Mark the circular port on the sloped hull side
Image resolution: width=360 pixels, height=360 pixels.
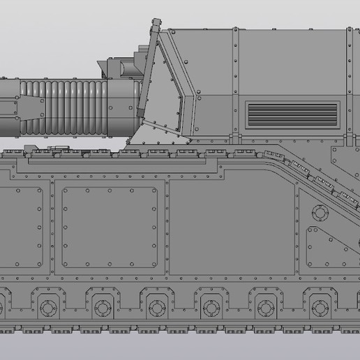coord(319,210)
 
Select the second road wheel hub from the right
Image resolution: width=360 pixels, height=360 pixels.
coord(265,307)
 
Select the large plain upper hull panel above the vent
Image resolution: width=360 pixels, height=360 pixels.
coord(279,63)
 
